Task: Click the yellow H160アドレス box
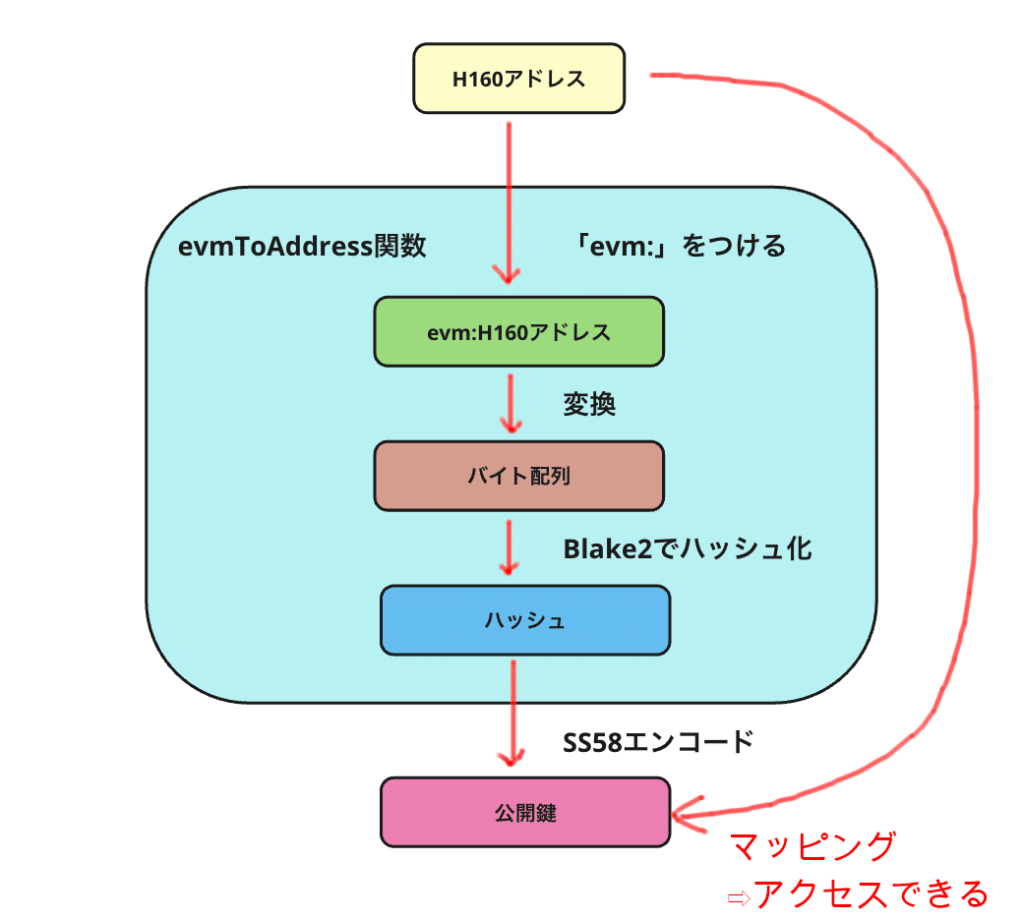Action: (x=517, y=79)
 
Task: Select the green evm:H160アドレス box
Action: (x=518, y=332)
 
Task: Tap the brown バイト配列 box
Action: (x=518, y=476)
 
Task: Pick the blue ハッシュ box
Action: (x=525, y=620)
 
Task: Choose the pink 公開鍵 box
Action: (x=525, y=813)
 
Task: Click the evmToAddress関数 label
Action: (x=302, y=245)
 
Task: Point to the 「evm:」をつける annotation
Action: (x=682, y=245)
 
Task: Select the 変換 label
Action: (x=589, y=404)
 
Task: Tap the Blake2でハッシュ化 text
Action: (x=687, y=548)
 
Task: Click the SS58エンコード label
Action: (x=657, y=741)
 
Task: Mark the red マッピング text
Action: (x=812, y=846)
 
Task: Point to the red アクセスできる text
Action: (x=870, y=893)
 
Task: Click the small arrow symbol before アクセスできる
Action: (x=737, y=897)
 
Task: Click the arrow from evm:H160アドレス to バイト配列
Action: (x=510, y=403)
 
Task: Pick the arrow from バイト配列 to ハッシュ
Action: (x=509, y=546)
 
